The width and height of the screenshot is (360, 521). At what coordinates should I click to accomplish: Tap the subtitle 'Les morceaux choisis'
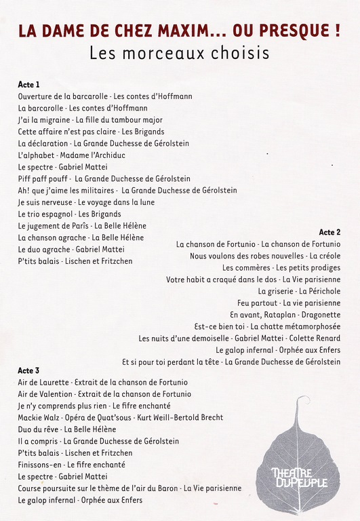pyautogui.click(x=179, y=52)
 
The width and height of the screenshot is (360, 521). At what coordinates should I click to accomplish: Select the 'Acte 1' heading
pyautogui.click(x=29, y=84)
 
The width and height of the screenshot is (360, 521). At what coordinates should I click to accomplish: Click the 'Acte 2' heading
pyautogui.click(x=329, y=232)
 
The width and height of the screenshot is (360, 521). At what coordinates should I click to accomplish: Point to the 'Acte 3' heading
pyautogui.click(x=29, y=370)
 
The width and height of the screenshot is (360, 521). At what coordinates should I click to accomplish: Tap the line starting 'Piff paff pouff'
pyautogui.click(x=104, y=178)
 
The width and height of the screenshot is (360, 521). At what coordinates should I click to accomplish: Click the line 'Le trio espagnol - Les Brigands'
pyautogui.click(x=70, y=214)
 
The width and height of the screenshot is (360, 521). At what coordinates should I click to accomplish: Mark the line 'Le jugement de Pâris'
pyautogui.click(x=82, y=226)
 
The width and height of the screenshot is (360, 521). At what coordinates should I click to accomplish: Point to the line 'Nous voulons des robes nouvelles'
pyautogui.click(x=265, y=256)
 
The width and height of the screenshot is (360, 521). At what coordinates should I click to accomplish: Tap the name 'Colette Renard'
pyautogui.click(x=316, y=338)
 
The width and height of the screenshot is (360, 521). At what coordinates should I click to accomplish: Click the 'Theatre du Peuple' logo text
pyautogui.click(x=298, y=477)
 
